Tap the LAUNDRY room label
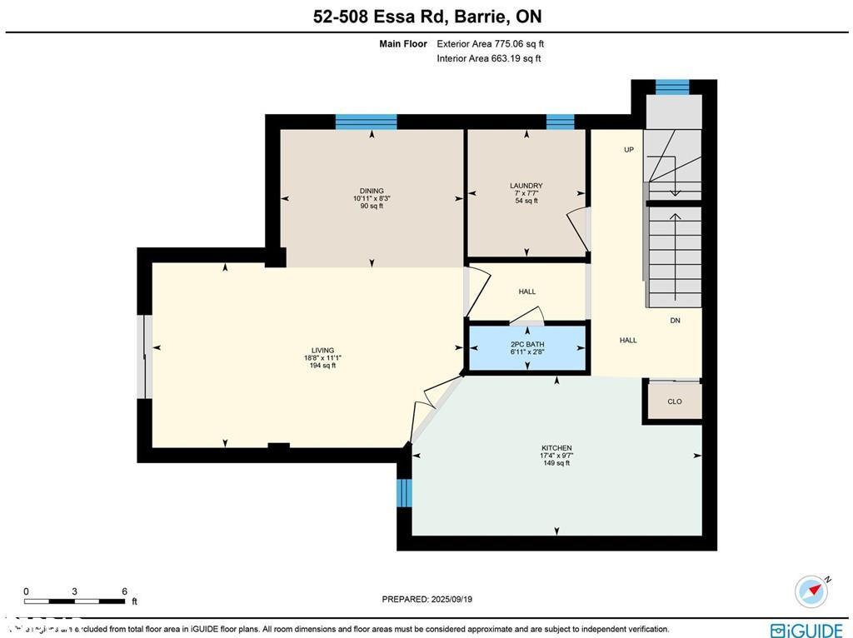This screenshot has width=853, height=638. (526, 186)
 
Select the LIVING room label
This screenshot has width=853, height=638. (322, 351)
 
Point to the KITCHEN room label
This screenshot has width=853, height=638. (556, 448)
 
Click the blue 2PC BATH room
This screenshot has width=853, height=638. (527, 349)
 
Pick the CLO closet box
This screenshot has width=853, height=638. (674, 401)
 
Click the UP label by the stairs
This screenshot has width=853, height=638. (630, 150)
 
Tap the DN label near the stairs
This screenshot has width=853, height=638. (675, 321)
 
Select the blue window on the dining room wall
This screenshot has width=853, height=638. (366, 122)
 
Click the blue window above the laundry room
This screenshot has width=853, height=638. (560, 122)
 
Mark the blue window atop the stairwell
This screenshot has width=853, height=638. (672, 87)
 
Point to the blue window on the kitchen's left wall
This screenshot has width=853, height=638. (404, 492)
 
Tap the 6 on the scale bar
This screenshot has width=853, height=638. (124, 591)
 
